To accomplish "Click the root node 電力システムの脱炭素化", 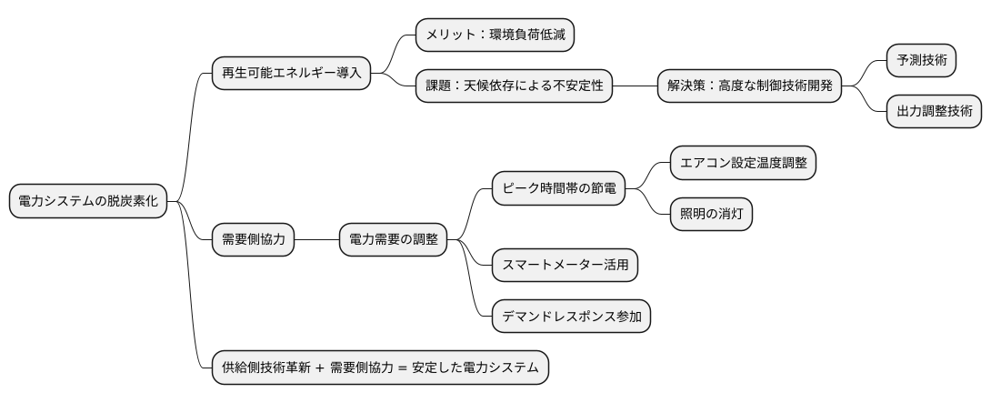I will click(x=88, y=202).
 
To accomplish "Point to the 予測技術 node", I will click(x=921, y=61).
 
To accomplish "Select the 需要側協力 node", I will click(x=253, y=240).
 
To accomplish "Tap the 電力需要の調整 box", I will click(x=393, y=240).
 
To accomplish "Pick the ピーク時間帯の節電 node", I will click(x=558, y=188).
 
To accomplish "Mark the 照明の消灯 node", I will click(x=711, y=214).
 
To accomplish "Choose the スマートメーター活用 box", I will click(x=564, y=265).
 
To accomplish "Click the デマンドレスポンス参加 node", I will click(x=570, y=317).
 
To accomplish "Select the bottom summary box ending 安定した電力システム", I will click(x=380, y=368).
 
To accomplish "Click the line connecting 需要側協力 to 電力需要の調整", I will click(x=316, y=240).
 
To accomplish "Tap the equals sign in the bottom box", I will click(x=402, y=368).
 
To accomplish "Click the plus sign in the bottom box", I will click(x=320, y=368).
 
